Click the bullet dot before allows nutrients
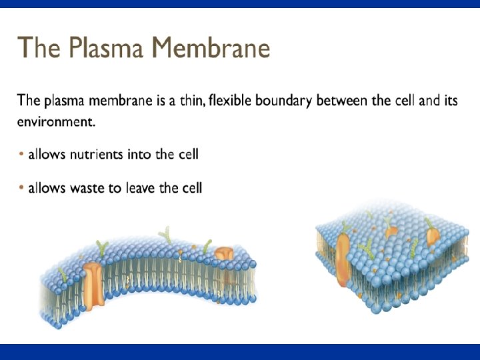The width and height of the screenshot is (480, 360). point(21,155)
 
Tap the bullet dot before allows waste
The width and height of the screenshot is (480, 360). point(21,188)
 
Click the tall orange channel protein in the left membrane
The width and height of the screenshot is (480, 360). point(95,283)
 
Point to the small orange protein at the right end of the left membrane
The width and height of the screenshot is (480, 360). point(226,257)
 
